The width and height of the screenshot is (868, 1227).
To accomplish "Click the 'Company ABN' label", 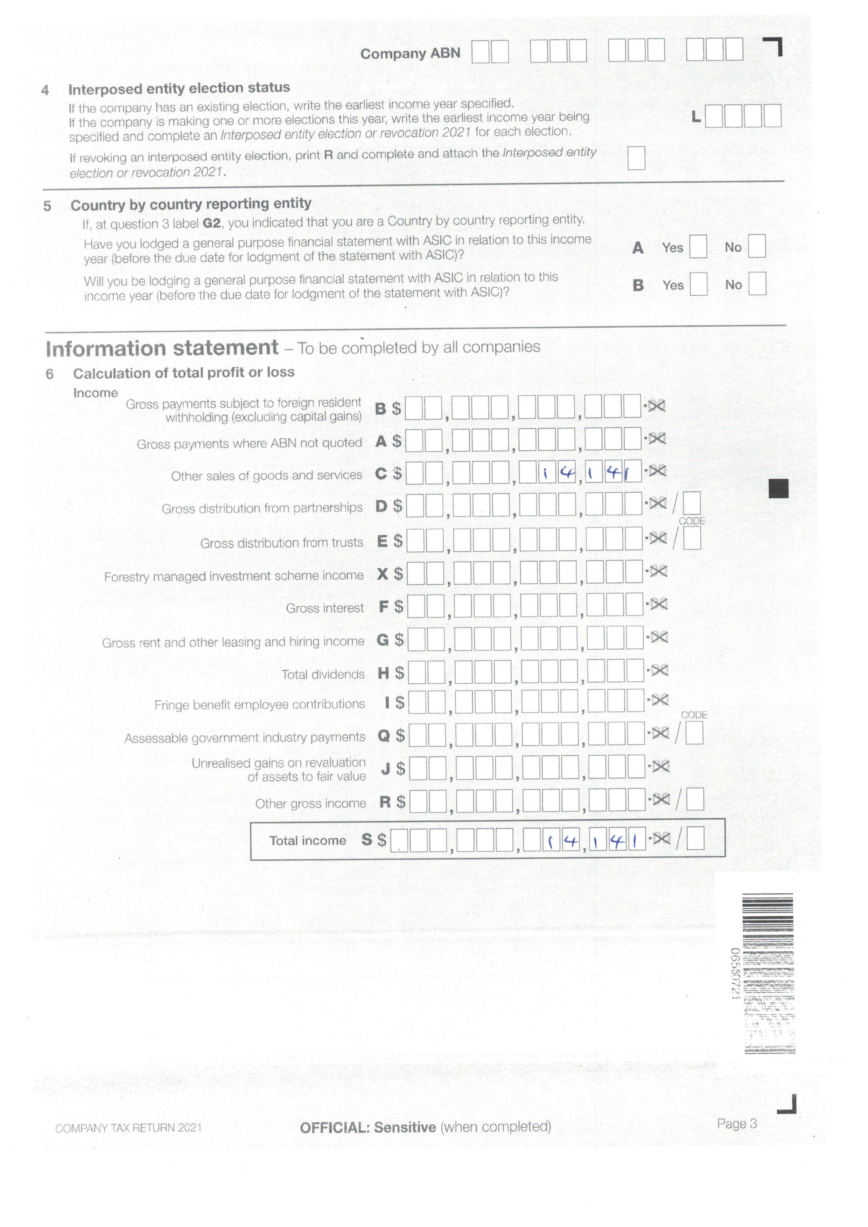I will pos(410,54).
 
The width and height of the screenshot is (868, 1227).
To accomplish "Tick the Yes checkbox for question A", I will pos(698,247).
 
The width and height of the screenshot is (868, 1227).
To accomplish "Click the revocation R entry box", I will pos(636,158).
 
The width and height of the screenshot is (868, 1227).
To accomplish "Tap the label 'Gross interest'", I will pos(324,608).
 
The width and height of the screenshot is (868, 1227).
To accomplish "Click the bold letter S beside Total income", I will pos(367,840).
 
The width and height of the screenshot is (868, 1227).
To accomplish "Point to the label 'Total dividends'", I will pos(323,675).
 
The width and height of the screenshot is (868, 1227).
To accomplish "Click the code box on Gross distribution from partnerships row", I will pos(692,503).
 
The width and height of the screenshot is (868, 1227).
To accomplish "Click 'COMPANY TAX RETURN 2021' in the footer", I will pos(128,1128).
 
